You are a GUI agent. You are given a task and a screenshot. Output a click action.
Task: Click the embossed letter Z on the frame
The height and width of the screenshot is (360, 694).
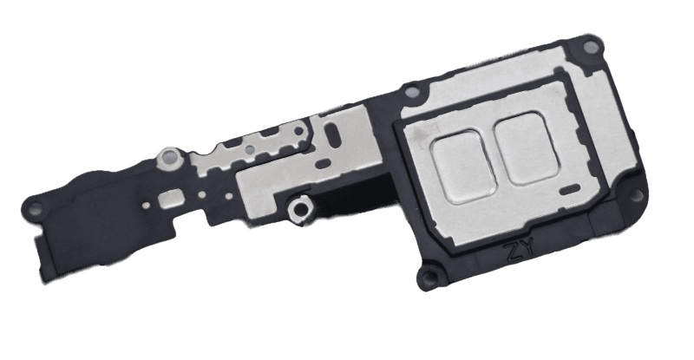point(514,252)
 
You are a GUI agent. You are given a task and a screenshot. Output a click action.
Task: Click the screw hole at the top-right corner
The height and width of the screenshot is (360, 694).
point(589,46)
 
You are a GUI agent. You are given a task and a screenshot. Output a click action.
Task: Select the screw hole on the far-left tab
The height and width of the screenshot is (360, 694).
point(36,206)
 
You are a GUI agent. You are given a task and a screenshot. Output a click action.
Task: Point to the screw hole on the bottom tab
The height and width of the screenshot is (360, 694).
point(429,278)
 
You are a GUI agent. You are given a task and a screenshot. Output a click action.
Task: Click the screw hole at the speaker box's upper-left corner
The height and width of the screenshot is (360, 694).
point(412,93)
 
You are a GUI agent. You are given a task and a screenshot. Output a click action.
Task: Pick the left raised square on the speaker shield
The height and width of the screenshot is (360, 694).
point(463,166)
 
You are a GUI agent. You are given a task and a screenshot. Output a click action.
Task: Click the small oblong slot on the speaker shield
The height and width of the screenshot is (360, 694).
point(570,188)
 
